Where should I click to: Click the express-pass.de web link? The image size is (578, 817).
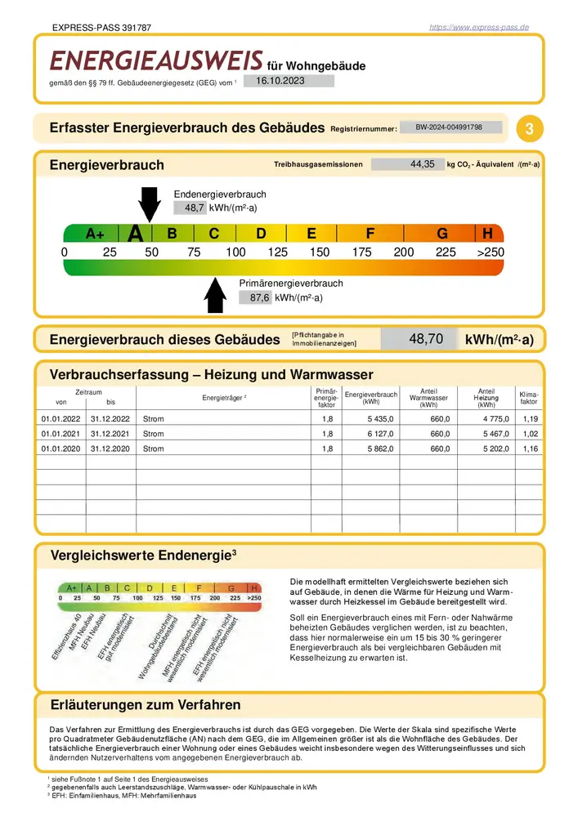(479, 28)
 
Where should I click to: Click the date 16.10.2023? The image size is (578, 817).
(280, 80)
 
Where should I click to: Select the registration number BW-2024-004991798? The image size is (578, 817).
(448, 127)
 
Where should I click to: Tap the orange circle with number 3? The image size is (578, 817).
(531, 128)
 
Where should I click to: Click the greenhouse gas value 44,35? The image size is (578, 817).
(422, 164)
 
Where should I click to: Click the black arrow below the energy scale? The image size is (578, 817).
(215, 295)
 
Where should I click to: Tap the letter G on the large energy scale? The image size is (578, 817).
(442, 234)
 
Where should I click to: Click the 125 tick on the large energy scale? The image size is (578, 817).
(277, 252)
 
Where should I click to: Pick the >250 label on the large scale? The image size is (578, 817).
(491, 252)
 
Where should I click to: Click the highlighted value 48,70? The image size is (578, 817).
(425, 338)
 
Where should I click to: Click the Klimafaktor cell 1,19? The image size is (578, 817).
(531, 418)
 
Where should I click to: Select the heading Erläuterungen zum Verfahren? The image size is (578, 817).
(146, 704)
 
